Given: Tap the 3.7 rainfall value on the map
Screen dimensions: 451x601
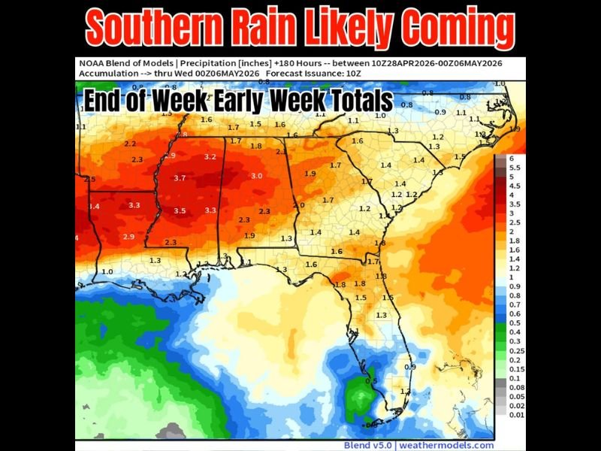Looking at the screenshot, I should click(x=180, y=178).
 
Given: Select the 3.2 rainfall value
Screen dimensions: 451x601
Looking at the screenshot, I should click(x=210, y=157).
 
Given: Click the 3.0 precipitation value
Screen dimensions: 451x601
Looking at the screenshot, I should click(x=256, y=175).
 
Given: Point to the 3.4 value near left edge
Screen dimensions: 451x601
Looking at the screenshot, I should click(x=95, y=206).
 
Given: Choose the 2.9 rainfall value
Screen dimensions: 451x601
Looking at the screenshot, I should click(x=128, y=237).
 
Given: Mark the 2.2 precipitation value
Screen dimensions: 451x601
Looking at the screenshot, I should click(x=130, y=144).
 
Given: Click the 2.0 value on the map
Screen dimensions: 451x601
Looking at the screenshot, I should click(x=298, y=204).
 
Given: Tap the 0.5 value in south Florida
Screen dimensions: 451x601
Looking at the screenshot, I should click(x=370, y=380).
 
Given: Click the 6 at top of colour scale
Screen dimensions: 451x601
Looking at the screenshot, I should click(x=512, y=159).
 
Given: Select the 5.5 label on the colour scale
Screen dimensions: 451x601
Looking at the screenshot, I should click(x=514, y=168).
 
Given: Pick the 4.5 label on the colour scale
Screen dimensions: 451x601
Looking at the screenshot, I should click(x=514, y=186).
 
